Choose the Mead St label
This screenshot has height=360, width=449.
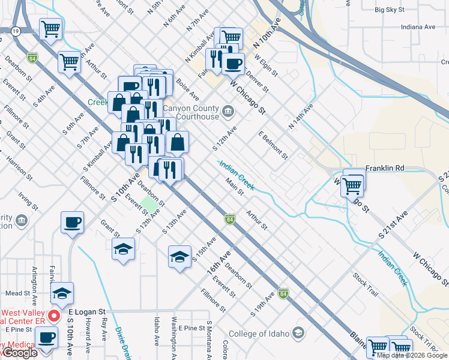[19, 293]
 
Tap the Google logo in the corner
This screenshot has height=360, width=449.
[19, 353]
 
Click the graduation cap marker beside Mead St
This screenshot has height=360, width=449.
[61, 293]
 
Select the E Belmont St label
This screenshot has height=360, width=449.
[273, 145]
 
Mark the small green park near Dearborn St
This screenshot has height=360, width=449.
[150, 205]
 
